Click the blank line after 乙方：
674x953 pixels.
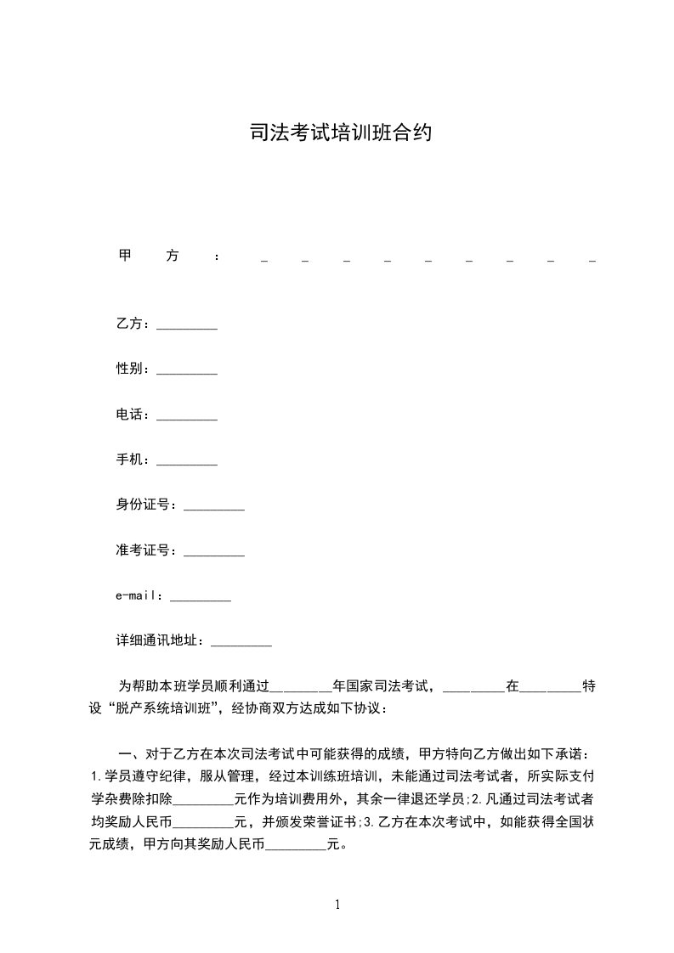click(x=187, y=326)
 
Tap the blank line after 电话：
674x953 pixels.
click(x=187, y=417)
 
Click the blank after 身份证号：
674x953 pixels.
click(x=214, y=508)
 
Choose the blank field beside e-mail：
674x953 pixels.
click(x=201, y=599)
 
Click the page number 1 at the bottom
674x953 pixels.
click(x=337, y=905)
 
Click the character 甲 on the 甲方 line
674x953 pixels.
click(x=124, y=256)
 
